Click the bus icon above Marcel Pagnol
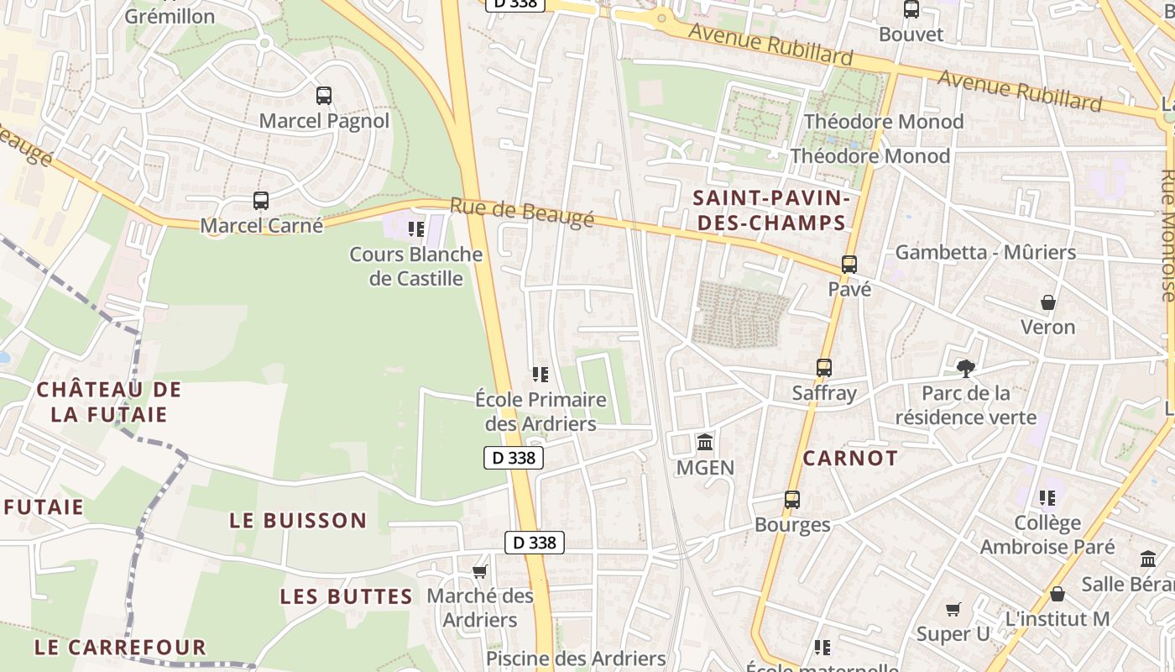click(324, 96)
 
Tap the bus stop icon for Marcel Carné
click(261, 201)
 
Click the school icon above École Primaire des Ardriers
click(540, 374)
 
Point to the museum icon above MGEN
click(705, 442)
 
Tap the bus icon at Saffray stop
click(824, 368)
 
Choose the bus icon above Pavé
click(849, 265)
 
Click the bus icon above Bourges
click(792, 500)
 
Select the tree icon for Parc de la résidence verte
click(966, 368)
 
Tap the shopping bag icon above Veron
click(1047, 302)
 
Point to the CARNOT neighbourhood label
click(850, 459)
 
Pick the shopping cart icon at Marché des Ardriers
click(479, 572)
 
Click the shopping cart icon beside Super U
click(953, 609)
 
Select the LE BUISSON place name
click(298, 521)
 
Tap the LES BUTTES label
click(346, 597)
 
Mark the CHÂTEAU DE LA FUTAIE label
click(108, 402)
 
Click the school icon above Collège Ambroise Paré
click(1047, 498)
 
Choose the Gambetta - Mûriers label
click(985, 252)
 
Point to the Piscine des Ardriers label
click(576, 659)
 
